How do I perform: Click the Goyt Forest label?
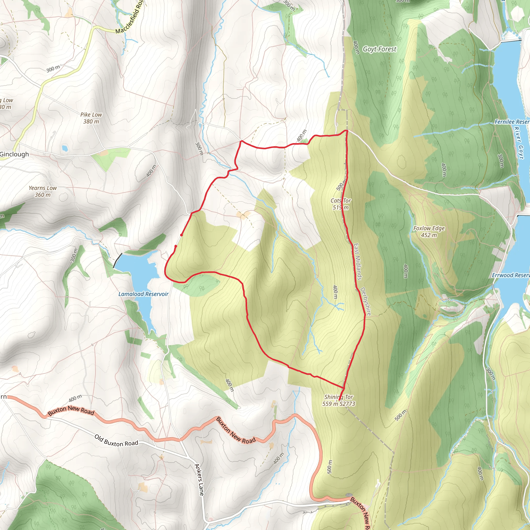tap(379, 49)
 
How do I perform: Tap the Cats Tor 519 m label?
tap(341, 204)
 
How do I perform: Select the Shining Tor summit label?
tap(338, 400)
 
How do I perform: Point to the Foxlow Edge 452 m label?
tap(429, 232)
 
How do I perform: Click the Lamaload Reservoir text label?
tap(143, 294)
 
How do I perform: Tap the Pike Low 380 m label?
tap(91, 118)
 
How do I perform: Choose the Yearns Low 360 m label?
tap(43, 191)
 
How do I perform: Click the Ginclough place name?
tap(14, 154)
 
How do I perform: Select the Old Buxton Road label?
tap(116, 440)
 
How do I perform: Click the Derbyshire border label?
tap(366, 301)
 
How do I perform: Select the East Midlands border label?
tap(357, 261)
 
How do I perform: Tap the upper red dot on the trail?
tap(182, 235)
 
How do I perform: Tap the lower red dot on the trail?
tap(175, 246)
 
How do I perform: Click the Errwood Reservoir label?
tap(511, 275)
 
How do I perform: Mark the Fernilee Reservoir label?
tap(512, 122)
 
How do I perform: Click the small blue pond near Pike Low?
tap(65, 148)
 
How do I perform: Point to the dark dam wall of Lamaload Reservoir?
tap(117, 260)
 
